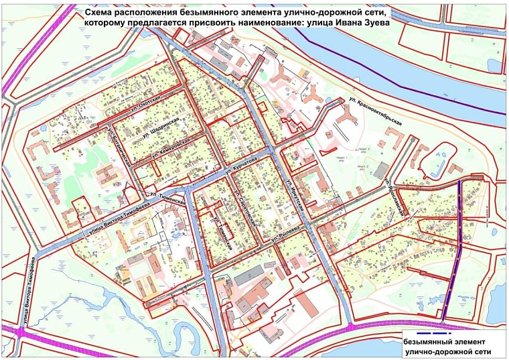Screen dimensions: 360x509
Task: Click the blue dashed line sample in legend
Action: pyautogui.click(x=426, y=333)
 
